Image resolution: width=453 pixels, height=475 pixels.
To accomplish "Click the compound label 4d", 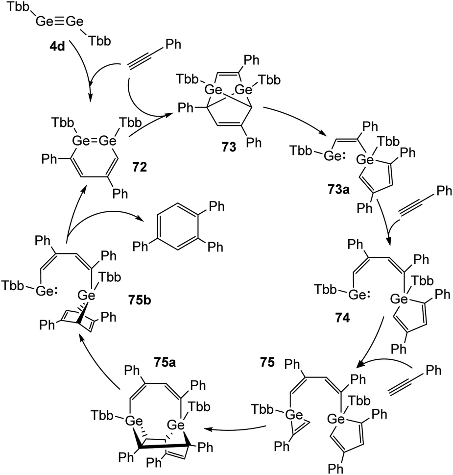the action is (57, 47).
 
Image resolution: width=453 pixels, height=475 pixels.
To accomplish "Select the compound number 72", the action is (140, 167).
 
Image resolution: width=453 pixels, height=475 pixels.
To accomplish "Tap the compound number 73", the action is (229, 147).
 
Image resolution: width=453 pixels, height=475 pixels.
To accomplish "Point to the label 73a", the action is (338, 189).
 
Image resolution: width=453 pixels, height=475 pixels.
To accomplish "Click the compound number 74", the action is (342, 318).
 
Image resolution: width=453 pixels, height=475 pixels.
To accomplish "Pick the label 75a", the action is (165, 362).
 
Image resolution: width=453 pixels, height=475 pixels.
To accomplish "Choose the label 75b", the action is (140, 300).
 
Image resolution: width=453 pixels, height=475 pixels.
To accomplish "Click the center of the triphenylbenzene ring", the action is (178, 226).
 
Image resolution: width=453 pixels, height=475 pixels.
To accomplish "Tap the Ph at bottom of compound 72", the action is (120, 194).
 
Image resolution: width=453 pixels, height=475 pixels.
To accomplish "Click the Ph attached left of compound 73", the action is (186, 108).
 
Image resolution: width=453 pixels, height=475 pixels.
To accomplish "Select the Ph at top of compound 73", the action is (251, 60).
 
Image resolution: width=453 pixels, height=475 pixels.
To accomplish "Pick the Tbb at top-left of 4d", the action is (19, 7).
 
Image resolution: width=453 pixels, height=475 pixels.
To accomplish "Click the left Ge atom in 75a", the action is (134, 421).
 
